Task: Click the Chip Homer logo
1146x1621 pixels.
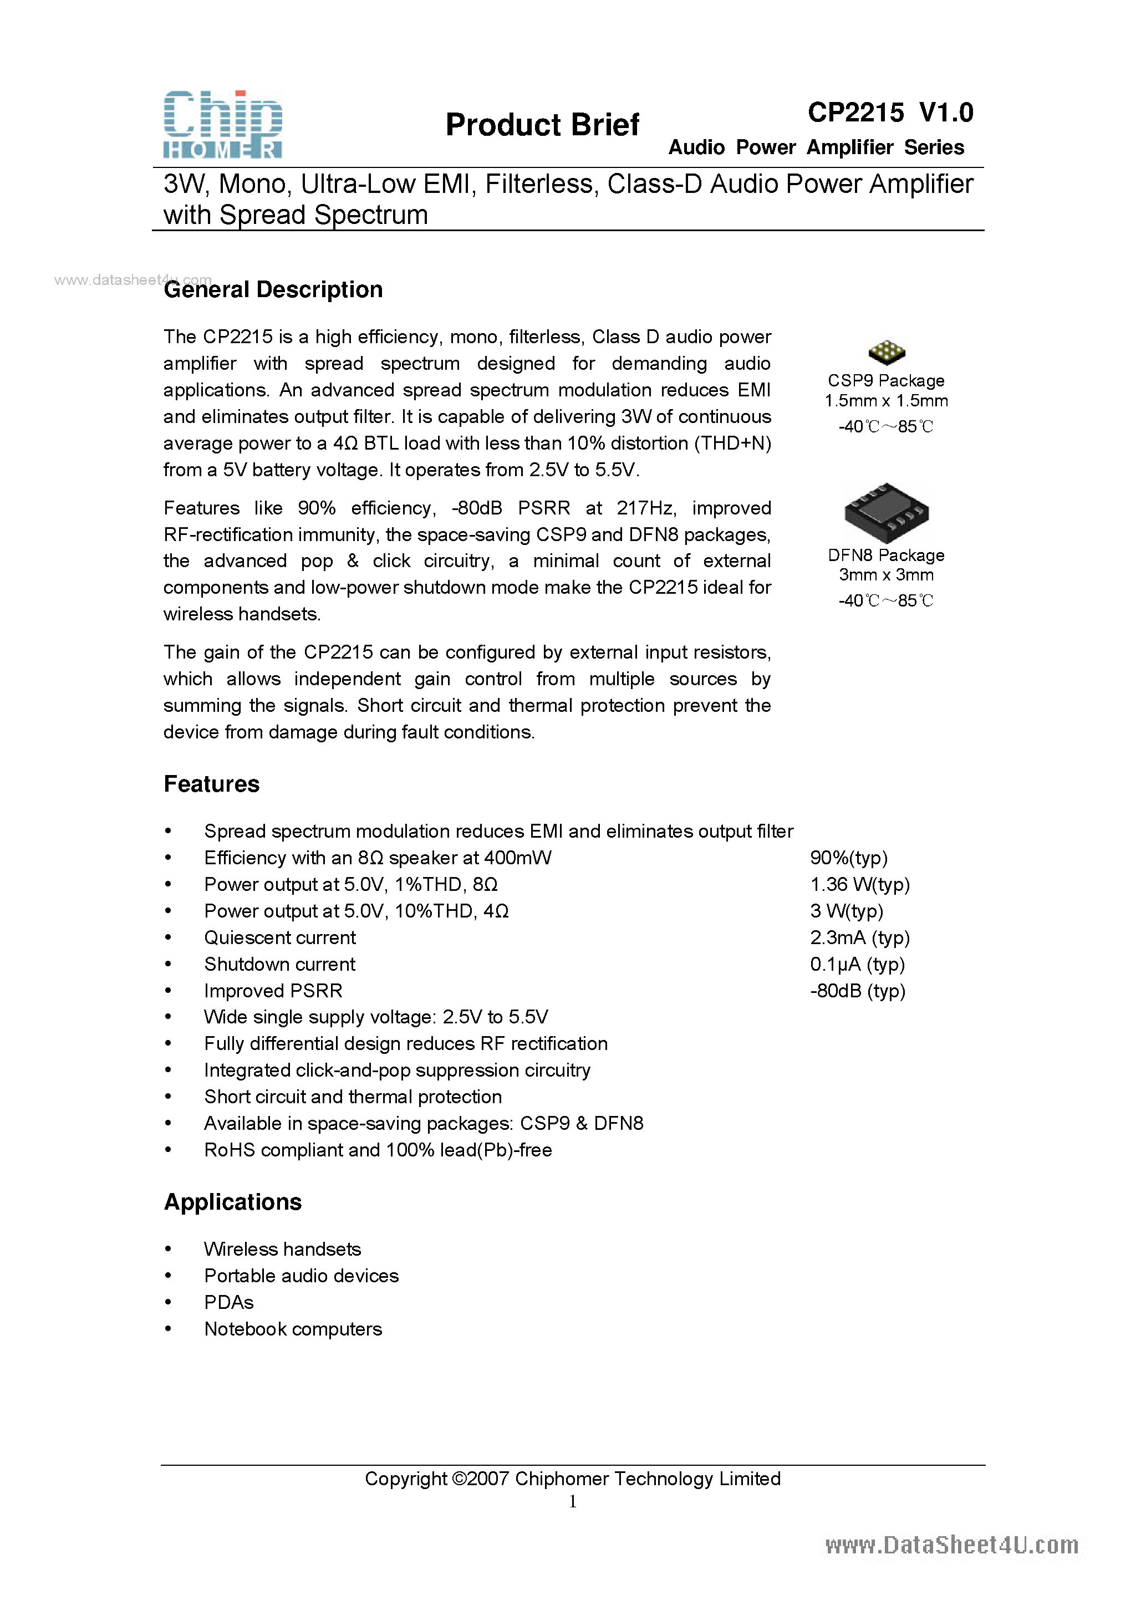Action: click(223, 124)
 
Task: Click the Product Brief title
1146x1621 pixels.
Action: click(542, 125)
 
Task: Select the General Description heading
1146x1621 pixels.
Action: click(273, 289)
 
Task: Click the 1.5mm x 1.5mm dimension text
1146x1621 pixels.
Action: click(886, 401)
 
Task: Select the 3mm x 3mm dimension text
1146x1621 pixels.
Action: click(886, 575)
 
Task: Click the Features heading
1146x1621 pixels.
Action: click(212, 784)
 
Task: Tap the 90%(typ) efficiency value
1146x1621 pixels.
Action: click(849, 858)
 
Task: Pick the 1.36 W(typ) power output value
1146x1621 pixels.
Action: click(860, 885)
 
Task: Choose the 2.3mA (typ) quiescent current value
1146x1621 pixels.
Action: click(860, 937)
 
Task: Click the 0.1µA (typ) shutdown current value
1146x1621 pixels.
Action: click(857, 965)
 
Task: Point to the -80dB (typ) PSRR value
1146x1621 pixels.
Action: click(858, 991)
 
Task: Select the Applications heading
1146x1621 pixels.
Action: click(233, 1202)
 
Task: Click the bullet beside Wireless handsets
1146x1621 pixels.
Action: click(168, 1249)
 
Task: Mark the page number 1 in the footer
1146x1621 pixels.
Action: click(573, 1502)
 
